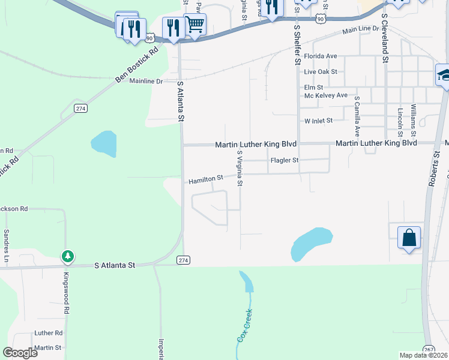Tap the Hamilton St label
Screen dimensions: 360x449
[206, 179]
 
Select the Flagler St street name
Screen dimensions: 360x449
[285, 160]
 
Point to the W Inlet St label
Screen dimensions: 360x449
[318, 121]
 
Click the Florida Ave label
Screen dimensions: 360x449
[320, 56]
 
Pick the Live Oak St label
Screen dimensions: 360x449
[321, 71]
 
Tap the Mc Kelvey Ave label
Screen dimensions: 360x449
[326, 95]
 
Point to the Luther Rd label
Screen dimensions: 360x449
[49, 332]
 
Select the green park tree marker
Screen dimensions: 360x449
[68, 256]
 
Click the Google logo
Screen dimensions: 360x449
[20, 353]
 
